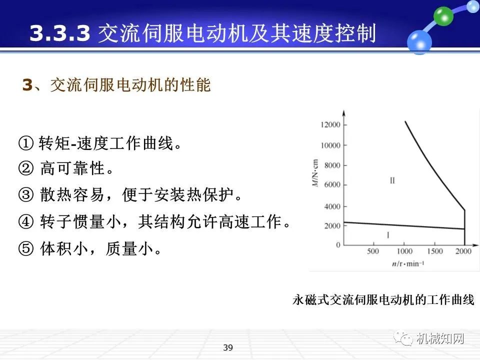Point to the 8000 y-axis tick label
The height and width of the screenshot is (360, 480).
[x=331, y=165]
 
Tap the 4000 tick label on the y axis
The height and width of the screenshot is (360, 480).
[x=331, y=206]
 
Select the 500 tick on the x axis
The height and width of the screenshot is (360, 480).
[x=373, y=251]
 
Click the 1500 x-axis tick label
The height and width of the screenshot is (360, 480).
[x=435, y=251]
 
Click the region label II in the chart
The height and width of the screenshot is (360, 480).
[x=392, y=180]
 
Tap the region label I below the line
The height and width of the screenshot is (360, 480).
[x=389, y=234]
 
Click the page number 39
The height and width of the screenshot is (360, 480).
[x=228, y=348]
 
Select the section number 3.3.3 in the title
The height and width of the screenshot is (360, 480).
[x=60, y=33]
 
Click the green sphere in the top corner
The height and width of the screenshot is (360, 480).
[x=442, y=16]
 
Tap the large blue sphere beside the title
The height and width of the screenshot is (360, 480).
[x=419, y=41]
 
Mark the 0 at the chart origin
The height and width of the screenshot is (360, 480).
[x=337, y=245]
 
